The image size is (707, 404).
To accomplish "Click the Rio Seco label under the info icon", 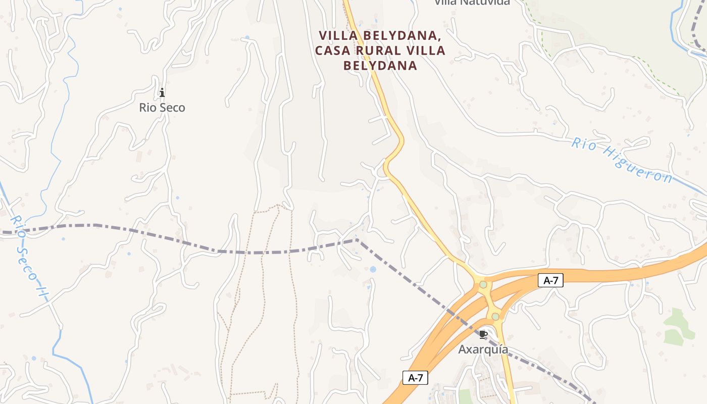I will point(162,108).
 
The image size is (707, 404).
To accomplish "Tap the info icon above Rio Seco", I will point(162,92).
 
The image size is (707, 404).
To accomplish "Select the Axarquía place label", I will point(483,349).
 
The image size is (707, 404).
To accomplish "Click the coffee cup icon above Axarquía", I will point(483,334).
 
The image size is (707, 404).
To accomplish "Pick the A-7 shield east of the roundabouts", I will point(550,281).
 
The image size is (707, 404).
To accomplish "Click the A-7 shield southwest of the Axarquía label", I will point(415,377).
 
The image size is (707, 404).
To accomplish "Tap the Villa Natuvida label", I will point(472,2).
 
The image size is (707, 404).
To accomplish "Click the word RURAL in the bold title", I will point(382,50).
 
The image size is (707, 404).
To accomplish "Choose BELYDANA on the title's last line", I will point(380,66).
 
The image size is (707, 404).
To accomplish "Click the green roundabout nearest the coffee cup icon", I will point(495,317).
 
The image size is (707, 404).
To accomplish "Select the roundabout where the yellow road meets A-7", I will point(483,285).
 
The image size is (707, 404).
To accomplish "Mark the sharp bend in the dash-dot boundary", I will point(357,240).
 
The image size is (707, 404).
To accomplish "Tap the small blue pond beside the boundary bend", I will point(373,269).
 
